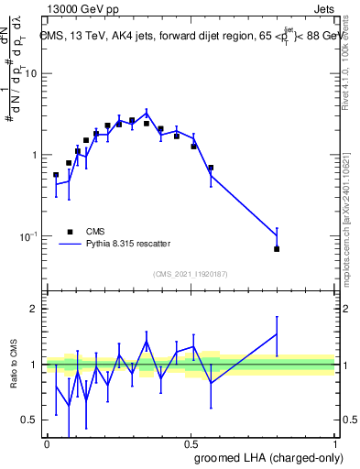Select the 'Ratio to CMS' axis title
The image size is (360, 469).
[14, 365]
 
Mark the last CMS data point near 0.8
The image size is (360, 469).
[277, 249]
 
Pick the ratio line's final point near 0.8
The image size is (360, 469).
[277, 333]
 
